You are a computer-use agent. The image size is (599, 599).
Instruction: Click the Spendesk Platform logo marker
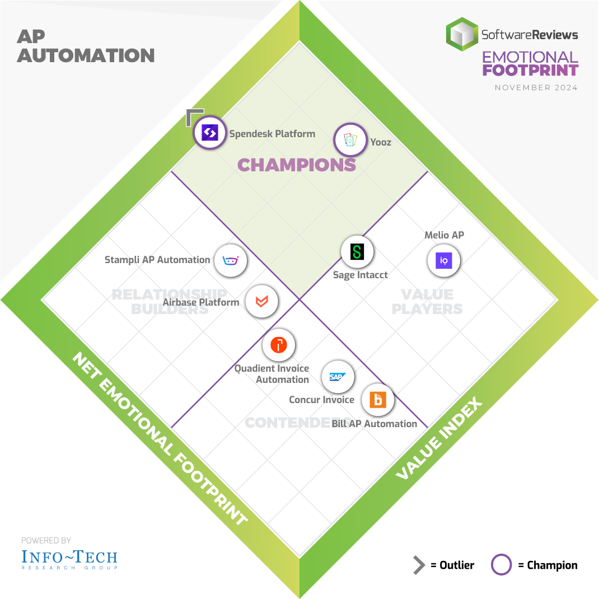click(209, 133)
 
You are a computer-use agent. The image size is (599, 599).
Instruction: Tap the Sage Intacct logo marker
click(357, 251)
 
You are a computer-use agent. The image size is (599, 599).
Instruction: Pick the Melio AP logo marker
click(444, 260)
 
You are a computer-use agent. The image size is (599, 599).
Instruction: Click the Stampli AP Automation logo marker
click(231, 260)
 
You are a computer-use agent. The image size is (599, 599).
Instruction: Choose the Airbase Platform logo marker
click(261, 302)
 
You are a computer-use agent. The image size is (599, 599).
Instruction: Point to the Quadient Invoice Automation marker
click(279, 345)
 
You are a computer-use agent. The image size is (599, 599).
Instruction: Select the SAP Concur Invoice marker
click(337, 377)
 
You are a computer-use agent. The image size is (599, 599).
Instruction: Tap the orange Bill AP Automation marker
click(378, 400)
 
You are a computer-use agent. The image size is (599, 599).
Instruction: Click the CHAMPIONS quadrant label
click(297, 165)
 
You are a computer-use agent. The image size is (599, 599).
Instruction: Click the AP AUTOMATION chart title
click(85, 46)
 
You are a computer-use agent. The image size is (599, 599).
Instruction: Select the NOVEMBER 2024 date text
click(536, 88)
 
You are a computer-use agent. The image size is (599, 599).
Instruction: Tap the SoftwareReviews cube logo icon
click(462, 34)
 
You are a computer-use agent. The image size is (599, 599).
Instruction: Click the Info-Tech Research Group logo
click(69, 558)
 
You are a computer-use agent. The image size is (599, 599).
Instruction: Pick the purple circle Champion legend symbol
click(501, 565)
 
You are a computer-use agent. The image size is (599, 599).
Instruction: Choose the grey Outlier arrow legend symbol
click(419, 565)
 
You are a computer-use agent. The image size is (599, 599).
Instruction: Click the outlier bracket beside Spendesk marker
click(194, 116)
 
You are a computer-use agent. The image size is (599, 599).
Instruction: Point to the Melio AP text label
click(444, 235)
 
